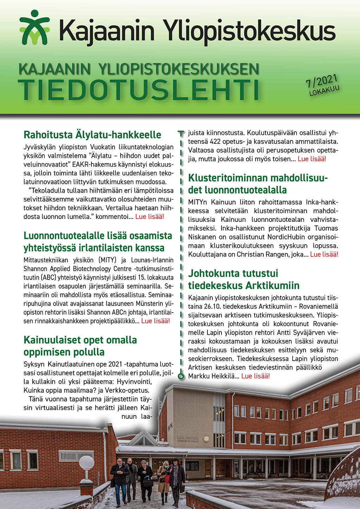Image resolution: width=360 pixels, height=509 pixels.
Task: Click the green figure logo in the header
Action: point(34,27)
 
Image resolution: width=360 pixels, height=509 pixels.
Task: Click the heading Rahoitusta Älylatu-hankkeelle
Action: point(92,135)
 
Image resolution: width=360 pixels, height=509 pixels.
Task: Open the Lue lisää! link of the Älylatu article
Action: point(149,217)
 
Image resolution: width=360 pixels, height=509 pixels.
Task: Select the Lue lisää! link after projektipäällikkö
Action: point(155,321)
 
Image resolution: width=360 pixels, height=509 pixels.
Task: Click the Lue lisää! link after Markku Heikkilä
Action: point(256,376)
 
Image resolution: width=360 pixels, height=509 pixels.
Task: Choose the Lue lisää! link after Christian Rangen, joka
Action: point(324,254)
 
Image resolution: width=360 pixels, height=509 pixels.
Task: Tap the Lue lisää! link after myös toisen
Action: point(312,159)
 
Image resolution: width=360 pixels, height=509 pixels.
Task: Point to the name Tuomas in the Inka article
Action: point(326,228)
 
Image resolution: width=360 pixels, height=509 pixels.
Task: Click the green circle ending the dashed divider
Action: point(181,376)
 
